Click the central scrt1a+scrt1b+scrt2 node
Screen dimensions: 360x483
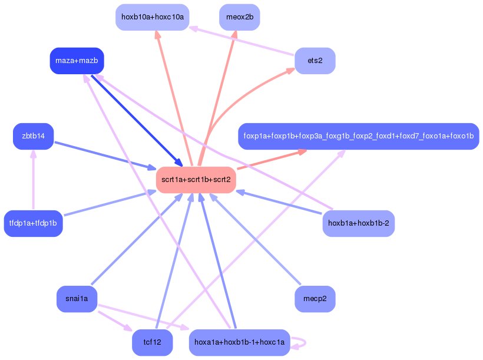[x=196, y=180]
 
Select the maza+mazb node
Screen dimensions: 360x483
[x=77, y=61]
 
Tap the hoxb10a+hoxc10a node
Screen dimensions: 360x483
[x=152, y=17]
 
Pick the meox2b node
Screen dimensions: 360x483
[x=239, y=17]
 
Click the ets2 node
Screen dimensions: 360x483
[x=315, y=61]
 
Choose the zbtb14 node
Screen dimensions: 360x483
[x=33, y=136]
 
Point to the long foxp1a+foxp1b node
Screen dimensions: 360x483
[x=358, y=136]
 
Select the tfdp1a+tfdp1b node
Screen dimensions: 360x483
[x=33, y=223]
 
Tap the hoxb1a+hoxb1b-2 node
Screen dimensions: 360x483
[x=358, y=223]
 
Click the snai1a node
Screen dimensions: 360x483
[x=77, y=299]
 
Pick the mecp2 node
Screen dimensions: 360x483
[x=315, y=299]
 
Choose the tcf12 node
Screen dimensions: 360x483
[x=152, y=342]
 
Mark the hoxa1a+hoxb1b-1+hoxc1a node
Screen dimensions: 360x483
[x=239, y=342]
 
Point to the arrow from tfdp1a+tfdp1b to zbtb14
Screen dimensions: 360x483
[x=33, y=180]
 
